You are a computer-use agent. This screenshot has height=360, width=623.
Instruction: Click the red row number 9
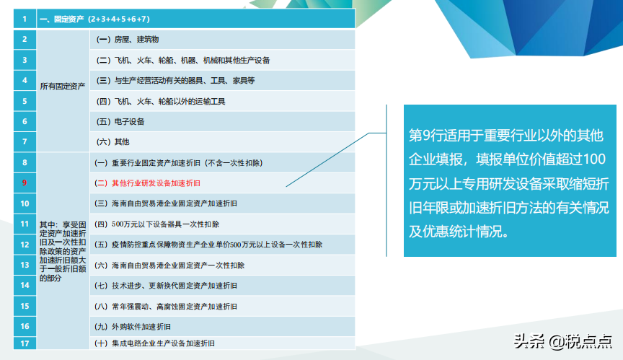tap(25, 183)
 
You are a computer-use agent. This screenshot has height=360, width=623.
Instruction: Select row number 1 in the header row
tap(25, 19)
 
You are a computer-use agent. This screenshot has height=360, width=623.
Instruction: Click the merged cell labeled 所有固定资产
tap(63, 87)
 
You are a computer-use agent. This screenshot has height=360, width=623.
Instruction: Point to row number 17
tap(25, 343)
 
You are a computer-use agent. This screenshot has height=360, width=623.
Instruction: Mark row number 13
tap(25, 265)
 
